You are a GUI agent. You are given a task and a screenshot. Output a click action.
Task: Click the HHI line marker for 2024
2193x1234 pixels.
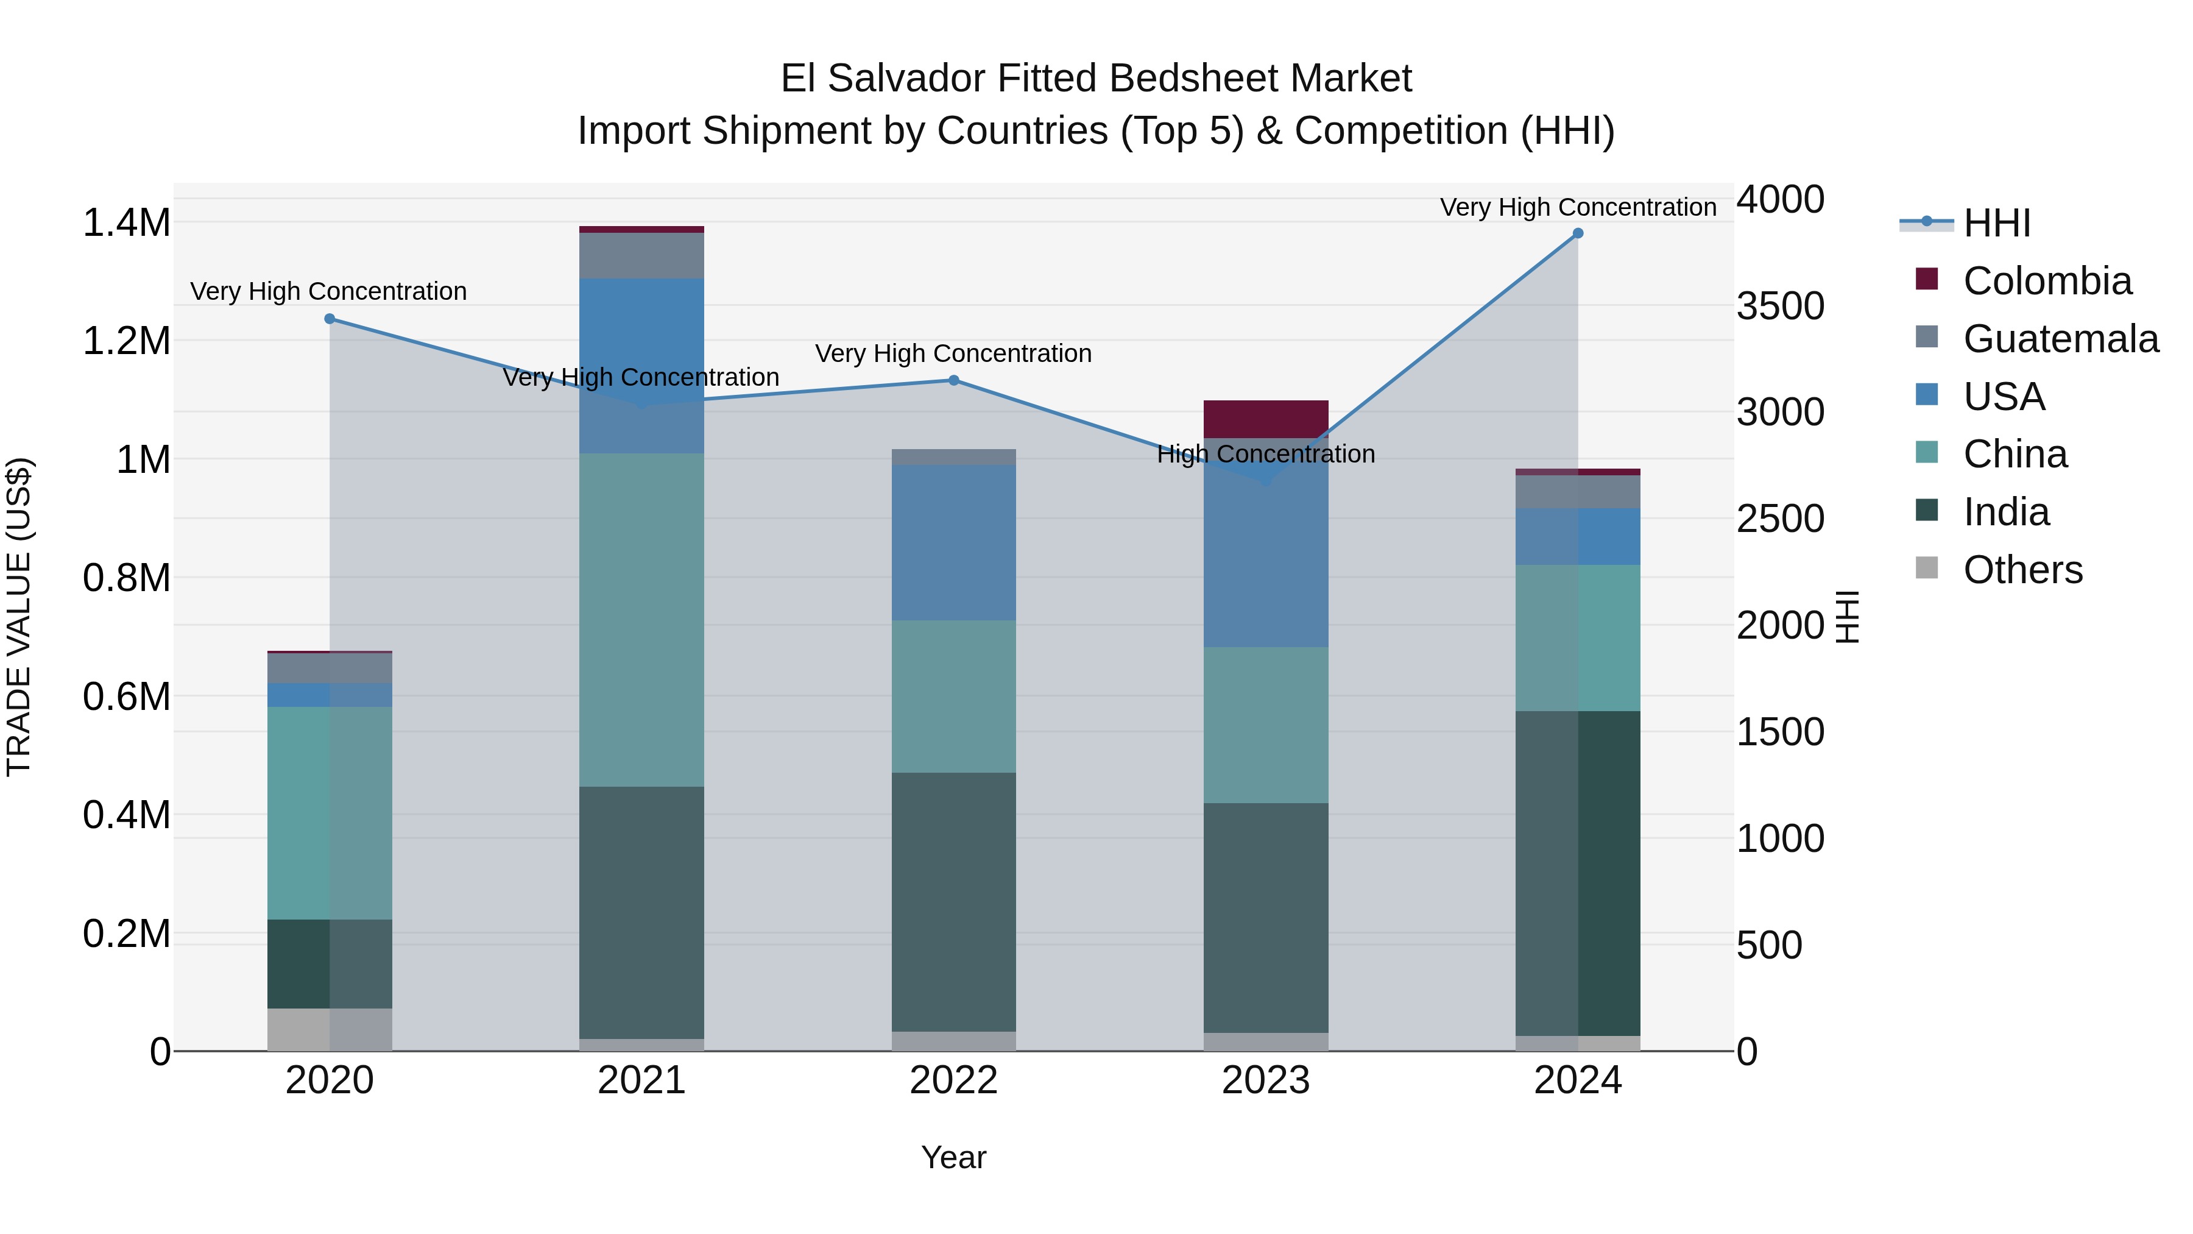pyautogui.click(x=1578, y=233)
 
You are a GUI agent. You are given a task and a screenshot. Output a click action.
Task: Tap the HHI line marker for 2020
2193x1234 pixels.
pyautogui.click(x=330, y=319)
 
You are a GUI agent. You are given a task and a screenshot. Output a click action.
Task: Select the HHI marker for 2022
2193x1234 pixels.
pyautogui.click(x=953, y=381)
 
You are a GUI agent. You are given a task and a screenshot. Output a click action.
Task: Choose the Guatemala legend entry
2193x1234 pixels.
pyautogui.click(x=2060, y=339)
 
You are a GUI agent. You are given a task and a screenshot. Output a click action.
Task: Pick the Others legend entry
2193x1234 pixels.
pyautogui.click(x=2022, y=570)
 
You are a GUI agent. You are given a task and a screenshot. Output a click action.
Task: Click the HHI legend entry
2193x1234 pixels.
pyautogui.click(x=1996, y=223)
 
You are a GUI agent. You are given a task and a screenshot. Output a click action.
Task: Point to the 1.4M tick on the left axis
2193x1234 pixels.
pyautogui.click(x=126, y=223)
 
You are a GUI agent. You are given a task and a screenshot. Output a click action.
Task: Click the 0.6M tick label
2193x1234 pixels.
pyautogui.click(x=126, y=697)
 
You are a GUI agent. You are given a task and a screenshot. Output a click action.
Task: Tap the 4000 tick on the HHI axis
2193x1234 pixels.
pyautogui.click(x=1780, y=199)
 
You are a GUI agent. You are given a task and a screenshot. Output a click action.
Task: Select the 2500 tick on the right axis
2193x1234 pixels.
pyautogui.click(x=1780, y=519)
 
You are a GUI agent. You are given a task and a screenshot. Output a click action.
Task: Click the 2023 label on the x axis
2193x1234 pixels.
pyautogui.click(x=1265, y=1080)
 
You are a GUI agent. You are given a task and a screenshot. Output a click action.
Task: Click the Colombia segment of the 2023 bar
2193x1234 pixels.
pyautogui.click(x=1265, y=418)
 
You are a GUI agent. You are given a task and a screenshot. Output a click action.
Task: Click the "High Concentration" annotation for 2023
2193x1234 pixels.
pyautogui.click(x=1265, y=455)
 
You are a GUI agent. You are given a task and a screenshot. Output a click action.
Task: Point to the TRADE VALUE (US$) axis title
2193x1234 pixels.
pyautogui.click(x=19, y=617)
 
